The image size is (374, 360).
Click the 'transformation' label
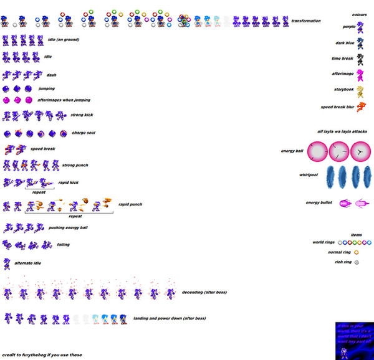[305, 21]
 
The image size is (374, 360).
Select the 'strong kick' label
[80, 115]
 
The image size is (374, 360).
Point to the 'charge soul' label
[84, 133]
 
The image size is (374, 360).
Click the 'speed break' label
[42, 149]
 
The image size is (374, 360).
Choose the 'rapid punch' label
[130, 204]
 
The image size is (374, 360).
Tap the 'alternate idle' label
[29, 263]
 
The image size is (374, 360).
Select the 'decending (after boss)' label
[204, 292]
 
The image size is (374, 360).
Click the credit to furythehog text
[42, 355]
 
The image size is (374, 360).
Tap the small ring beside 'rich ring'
[356, 262]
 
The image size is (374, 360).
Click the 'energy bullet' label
[317, 202]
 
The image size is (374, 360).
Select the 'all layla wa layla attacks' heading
[342, 131]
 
